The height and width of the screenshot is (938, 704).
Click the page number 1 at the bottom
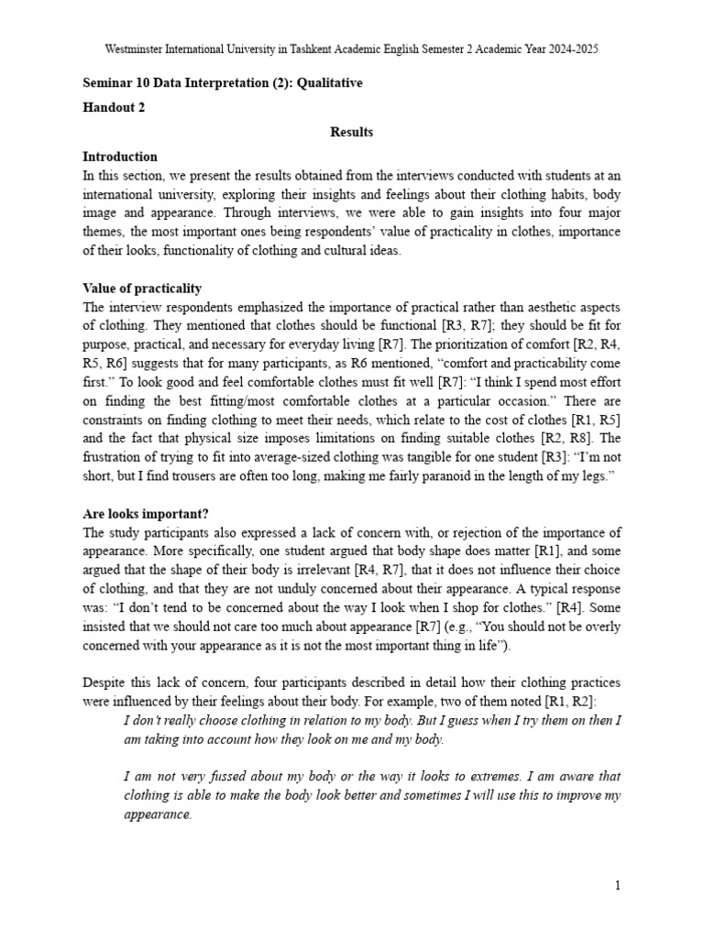coord(618,886)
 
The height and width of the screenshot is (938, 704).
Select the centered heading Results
coord(352,132)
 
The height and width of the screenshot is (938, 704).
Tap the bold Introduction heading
coord(120,157)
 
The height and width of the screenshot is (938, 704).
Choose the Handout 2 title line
coord(114,107)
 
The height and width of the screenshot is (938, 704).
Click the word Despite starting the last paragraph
coord(105,682)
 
